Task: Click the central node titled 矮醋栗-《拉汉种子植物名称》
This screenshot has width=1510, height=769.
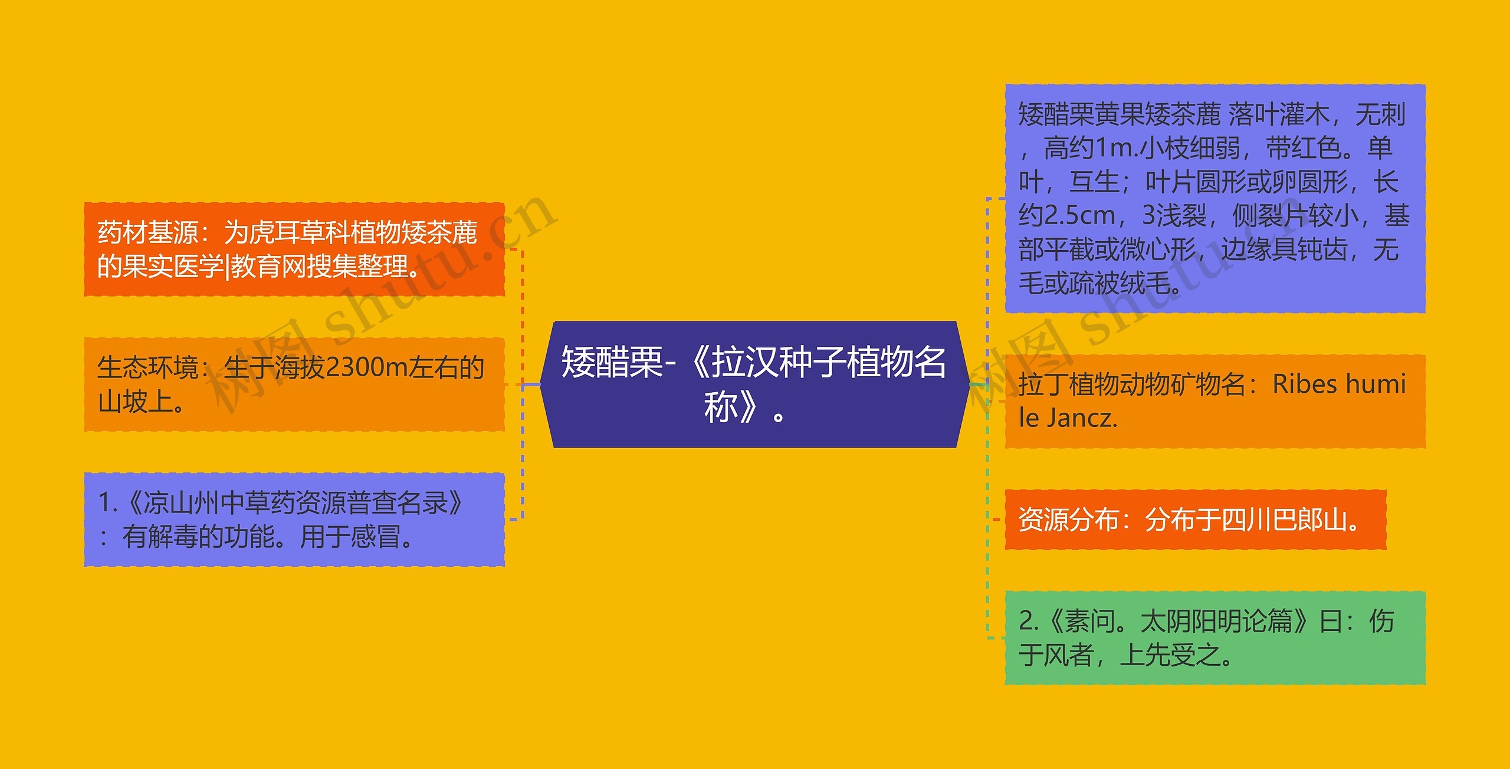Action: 754,384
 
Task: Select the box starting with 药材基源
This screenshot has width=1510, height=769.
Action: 294,249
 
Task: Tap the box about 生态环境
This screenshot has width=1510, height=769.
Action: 294,384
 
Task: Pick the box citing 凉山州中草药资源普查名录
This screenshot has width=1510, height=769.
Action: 294,520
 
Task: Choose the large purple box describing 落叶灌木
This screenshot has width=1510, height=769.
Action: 1215,199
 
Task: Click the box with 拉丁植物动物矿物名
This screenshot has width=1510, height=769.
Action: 1215,402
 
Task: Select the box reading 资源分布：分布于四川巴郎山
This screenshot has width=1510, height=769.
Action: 1196,520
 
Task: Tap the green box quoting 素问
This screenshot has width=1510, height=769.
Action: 1215,638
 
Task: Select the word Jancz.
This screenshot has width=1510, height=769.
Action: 1082,418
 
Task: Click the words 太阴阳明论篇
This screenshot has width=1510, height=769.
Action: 1216,621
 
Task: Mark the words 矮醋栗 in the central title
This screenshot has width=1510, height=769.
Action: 612,362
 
